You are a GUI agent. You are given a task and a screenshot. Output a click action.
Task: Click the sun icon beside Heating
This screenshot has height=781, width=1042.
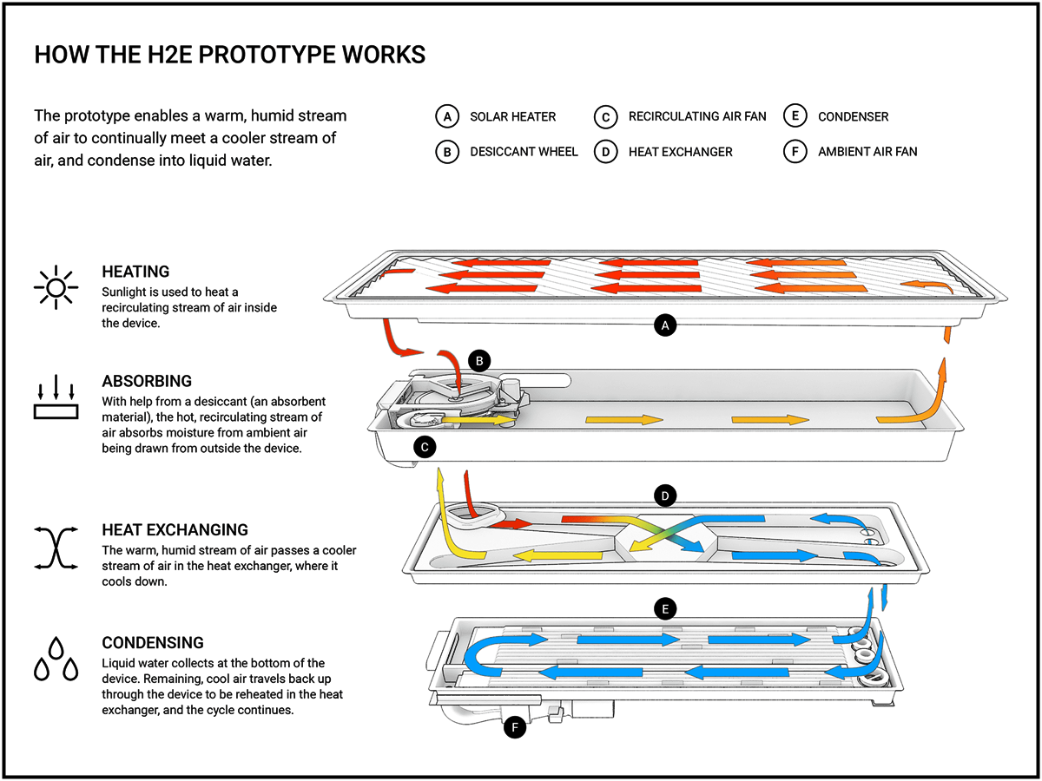(x=56, y=286)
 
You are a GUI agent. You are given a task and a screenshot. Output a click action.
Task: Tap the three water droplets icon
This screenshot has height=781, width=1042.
(x=56, y=659)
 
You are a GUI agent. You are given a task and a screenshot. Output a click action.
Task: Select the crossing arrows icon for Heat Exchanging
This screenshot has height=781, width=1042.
(x=56, y=547)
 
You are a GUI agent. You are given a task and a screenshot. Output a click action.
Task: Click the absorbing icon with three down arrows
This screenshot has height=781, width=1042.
(x=56, y=397)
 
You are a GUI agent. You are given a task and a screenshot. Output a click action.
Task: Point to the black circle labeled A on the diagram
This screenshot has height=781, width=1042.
(x=664, y=326)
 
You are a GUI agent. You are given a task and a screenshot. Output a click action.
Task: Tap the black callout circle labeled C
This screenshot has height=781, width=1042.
(x=425, y=447)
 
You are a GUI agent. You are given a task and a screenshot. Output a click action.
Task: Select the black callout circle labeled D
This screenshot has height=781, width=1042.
(x=664, y=496)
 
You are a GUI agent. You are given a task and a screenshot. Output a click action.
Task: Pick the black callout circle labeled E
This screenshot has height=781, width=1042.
(x=664, y=608)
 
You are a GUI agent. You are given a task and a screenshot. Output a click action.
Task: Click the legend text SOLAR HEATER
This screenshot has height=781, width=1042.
(x=512, y=116)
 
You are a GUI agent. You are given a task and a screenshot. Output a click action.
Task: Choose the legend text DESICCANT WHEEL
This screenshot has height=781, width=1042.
(x=524, y=152)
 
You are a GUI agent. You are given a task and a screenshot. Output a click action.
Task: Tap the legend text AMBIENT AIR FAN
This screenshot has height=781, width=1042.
(x=867, y=152)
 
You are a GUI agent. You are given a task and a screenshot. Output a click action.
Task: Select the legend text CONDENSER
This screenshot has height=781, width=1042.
(x=853, y=116)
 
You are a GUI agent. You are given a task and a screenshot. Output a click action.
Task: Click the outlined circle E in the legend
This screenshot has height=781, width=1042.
(x=794, y=116)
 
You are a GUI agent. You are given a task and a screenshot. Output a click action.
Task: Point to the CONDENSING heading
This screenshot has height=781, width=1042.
(x=153, y=643)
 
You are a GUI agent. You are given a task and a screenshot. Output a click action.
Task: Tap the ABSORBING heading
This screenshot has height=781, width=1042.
(x=147, y=381)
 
